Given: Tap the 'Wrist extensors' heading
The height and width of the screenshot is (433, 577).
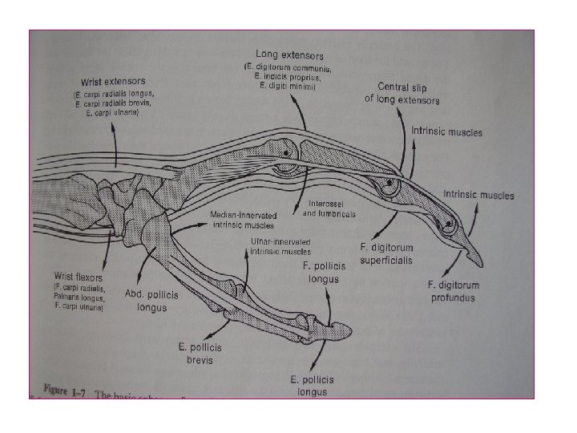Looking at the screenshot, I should [113, 81].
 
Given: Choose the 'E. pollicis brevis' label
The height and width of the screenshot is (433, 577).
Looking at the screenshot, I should [200, 353].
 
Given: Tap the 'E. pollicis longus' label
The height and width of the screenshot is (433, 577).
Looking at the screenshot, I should [313, 384].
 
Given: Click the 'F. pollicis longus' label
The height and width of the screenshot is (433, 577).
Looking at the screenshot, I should [324, 272].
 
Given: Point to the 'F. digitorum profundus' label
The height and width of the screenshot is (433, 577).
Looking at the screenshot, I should [452, 290].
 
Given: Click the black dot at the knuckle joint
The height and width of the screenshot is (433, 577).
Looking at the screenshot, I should [286, 152].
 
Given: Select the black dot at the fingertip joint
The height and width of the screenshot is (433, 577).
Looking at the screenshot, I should [450, 224].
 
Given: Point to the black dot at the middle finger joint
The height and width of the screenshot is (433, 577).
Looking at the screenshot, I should [388, 184].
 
